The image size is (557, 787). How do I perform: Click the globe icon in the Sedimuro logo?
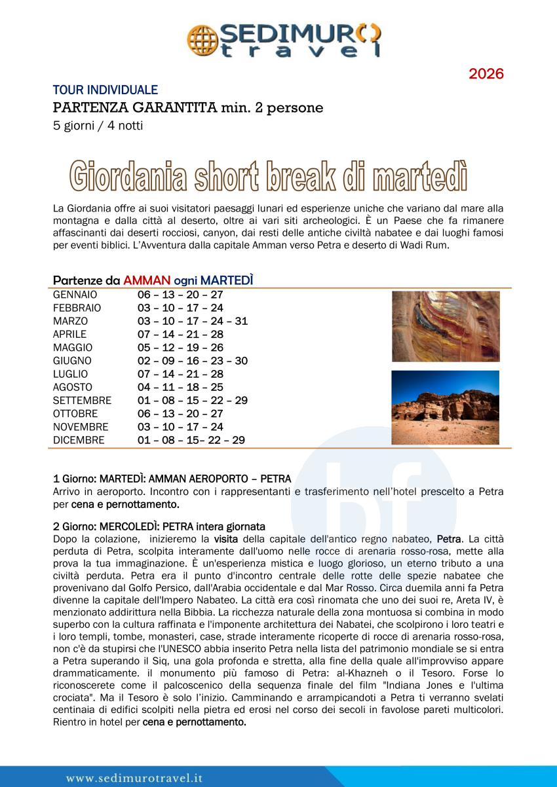202,39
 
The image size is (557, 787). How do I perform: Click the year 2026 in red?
486,74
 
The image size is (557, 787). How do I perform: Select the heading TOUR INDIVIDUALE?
105,90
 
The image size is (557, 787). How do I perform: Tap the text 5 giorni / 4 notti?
98,125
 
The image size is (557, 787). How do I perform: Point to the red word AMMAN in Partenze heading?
147,280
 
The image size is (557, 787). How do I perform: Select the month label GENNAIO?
75,295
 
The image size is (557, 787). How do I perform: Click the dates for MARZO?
193,321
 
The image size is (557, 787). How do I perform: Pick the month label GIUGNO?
72,361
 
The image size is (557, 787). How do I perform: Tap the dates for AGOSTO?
180,388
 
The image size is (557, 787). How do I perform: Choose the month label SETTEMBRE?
82,401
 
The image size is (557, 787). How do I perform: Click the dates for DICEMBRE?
191,441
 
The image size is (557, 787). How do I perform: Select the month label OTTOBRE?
75,414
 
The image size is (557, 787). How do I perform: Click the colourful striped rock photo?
446,326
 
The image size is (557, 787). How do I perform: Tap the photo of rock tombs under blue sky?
446,407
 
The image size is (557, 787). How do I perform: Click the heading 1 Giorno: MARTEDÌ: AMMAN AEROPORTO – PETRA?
172,479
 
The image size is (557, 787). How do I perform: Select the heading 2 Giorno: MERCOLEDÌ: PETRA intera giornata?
159,526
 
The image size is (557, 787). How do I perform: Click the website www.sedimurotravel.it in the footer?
134,778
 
